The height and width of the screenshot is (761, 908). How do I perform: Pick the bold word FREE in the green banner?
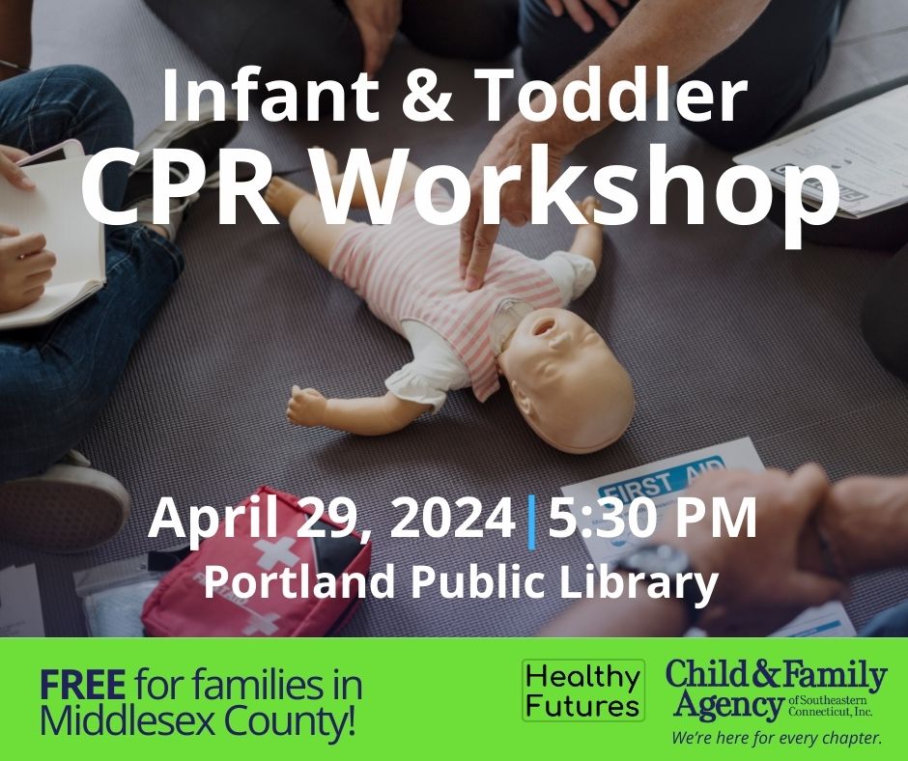[82, 686]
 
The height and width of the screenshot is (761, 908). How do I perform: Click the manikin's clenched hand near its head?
[307, 406]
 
